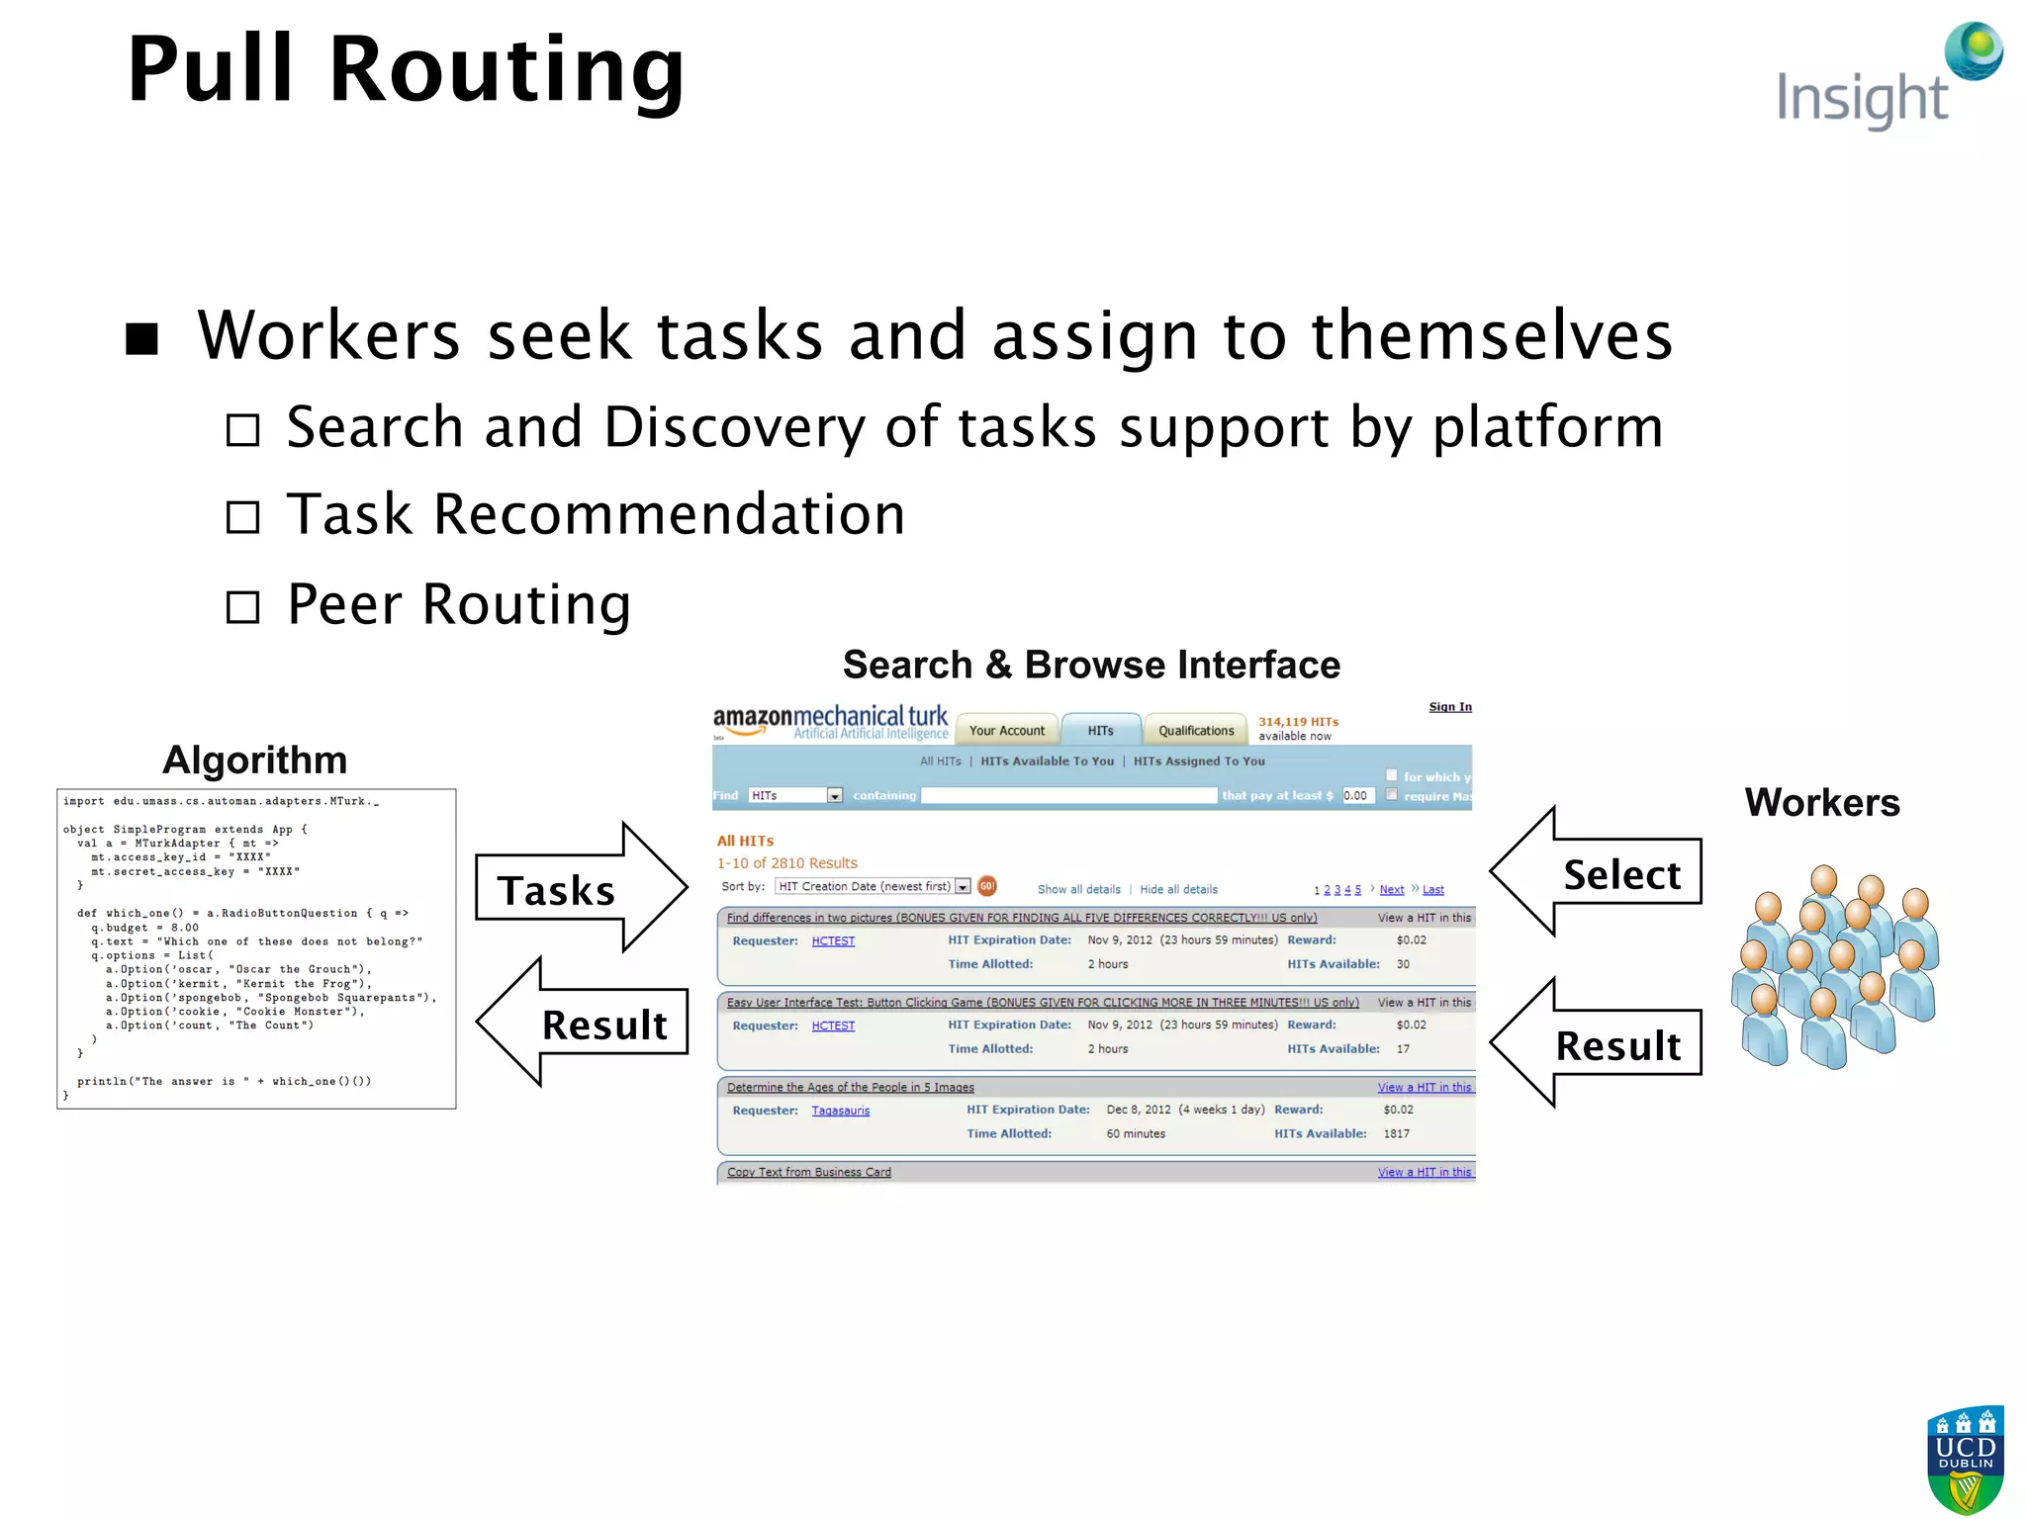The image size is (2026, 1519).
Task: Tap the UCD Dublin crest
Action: click(x=1965, y=1459)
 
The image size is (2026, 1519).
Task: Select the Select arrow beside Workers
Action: click(x=1598, y=872)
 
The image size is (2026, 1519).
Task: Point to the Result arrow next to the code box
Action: click(x=584, y=1023)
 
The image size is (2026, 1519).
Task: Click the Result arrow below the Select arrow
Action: click(x=1598, y=1043)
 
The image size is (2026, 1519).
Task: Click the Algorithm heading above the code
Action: click(x=254, y=759)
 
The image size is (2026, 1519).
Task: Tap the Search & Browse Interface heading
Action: click(x=1090, y=665)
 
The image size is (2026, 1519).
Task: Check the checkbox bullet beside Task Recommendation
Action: click(x=242, y=516)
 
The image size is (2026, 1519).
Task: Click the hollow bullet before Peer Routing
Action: click(x=242, y=606)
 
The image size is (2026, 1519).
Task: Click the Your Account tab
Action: click(x=1006, y=730)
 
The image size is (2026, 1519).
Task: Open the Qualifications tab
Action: click(x=1195, y=730)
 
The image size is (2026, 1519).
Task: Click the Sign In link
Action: click(x=1449, y=706)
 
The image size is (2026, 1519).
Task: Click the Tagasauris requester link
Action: click(x=840, y=1111)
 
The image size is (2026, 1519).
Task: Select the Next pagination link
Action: click(x=1391, y=889)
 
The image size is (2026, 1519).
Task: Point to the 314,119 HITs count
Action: click(x=1297, y=722)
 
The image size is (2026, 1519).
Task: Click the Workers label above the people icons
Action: click(x=1821, y=802)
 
